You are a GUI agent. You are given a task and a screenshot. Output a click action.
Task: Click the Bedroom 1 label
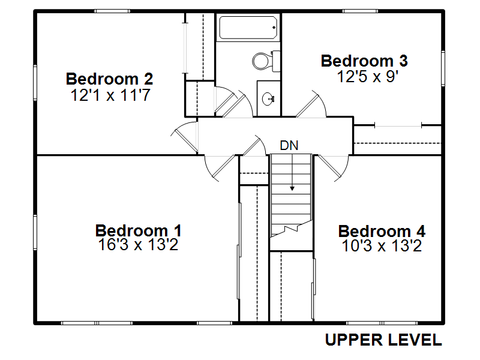pyautogui.click(x=139, y=230)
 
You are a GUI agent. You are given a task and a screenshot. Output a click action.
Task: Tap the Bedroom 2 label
pyautogui.click(x=109, y=79)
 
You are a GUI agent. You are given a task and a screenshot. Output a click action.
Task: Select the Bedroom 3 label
pyautogui.click(x=364, y=61)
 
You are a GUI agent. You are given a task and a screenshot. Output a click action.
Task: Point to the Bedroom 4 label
pyautogui.click(x=382, y=231)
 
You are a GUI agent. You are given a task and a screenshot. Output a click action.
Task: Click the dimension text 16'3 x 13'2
pyautogui.click(x=138, y=245)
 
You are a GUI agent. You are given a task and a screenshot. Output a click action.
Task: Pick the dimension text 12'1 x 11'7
pyautogui.click(x=110, y=95)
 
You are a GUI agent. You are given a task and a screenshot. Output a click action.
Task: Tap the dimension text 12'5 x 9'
pyautogui.click(x=367, y=76)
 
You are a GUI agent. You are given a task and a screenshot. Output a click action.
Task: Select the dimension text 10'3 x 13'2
pyautogui.click(x=382, y=246)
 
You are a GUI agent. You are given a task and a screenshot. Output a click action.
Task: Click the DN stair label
pyautogui.click(x=289, y=145)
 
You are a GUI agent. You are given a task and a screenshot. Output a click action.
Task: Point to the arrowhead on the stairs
pyautogui.click(x=292, y=188)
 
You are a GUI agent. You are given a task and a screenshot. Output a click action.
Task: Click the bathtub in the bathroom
pyautogui.click(x=248, y=28)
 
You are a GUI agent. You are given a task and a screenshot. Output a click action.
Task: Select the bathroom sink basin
pyautogui.click(x=268, y=98)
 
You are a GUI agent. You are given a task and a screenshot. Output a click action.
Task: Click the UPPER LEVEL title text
pyautogui.click(x=383, y=340)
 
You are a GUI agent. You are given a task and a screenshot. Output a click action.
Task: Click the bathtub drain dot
pyautogui.click(x=274, y=28)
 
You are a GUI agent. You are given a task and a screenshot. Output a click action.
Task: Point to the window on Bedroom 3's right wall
pyautogui.click(x=443, y=68)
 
